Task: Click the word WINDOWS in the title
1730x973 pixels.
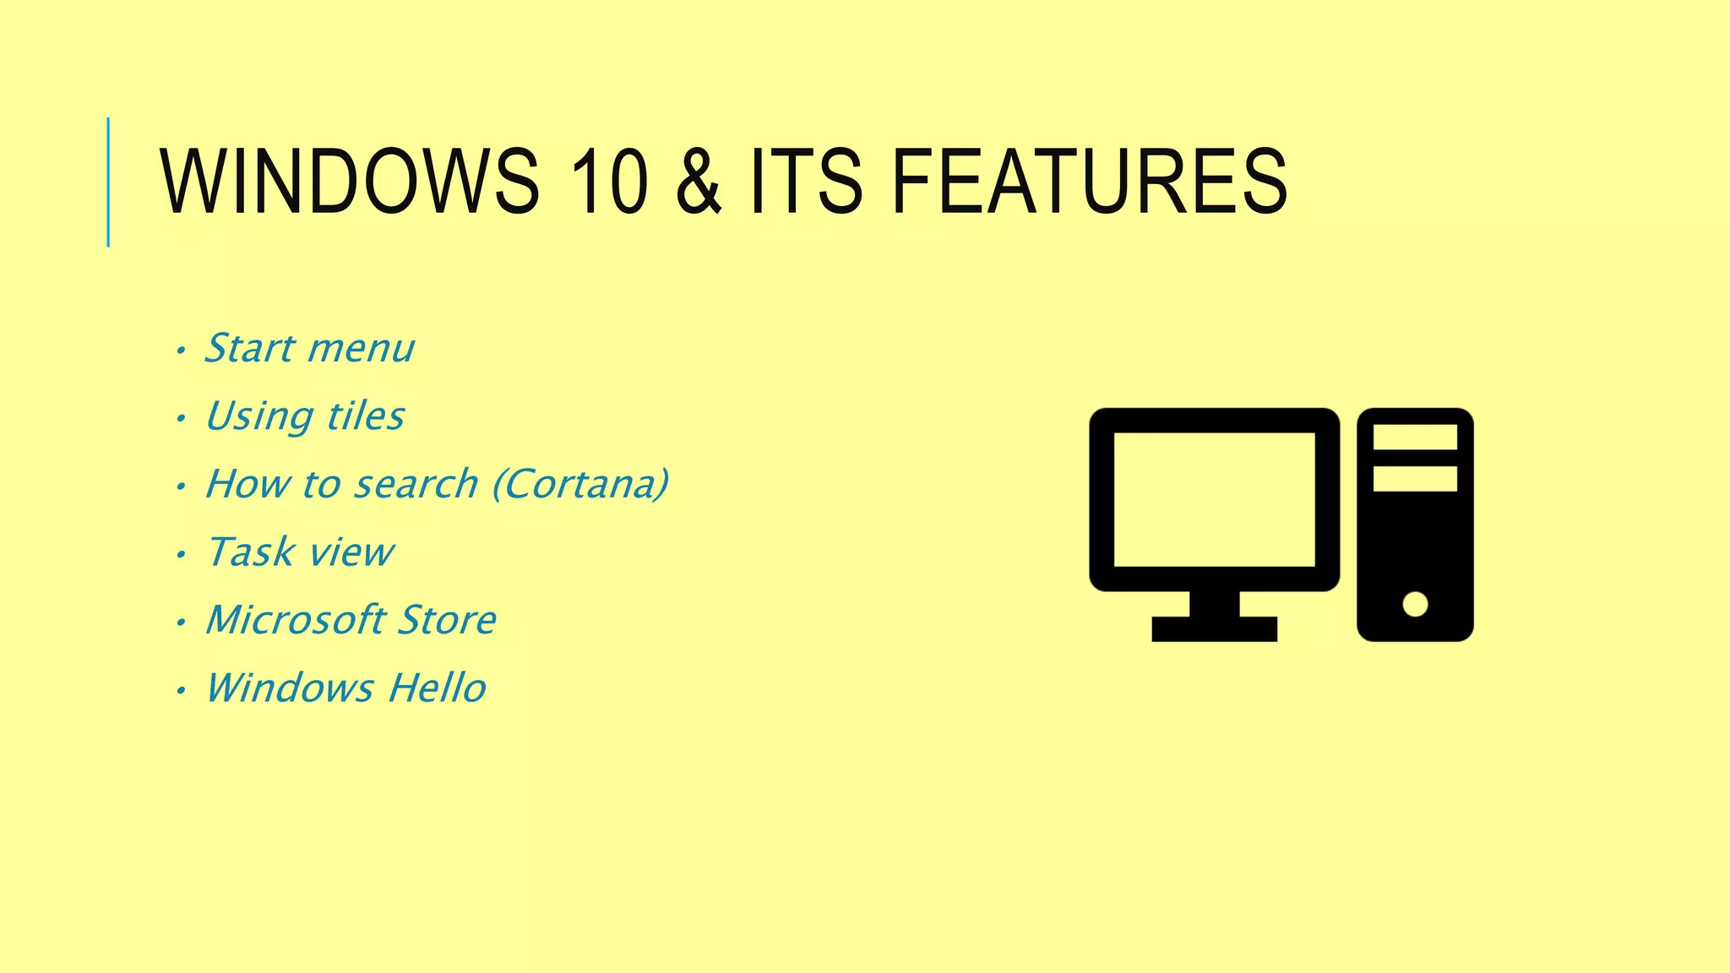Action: click(x=349, y=181)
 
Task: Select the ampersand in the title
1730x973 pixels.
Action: click(x=699, y=181)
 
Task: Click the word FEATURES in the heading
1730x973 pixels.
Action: click(x=1089, y=181)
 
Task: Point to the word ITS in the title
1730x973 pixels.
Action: click(x=806, y=181)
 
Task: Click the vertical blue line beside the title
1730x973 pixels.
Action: click(x=108, y=182)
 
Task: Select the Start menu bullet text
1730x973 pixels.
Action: click(x=309, y=348)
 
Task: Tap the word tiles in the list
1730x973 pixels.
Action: click(x=365, y=416)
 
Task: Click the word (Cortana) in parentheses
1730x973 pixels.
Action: click(x=580, y=484)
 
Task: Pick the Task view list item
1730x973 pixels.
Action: click(x=300, y=552)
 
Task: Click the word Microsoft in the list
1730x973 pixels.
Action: click(x=296, y=620)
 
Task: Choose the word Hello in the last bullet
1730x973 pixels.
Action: click(x=437, y=688)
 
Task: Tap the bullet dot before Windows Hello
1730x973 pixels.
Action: click(x=180, y=691)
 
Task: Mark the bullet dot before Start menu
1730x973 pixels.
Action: click(x=180, y=351)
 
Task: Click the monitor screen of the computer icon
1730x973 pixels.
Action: click(x=1214, y=499)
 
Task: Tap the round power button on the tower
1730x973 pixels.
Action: click(x=1415, y=604)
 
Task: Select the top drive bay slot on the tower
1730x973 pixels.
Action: click(x=1415, y=438)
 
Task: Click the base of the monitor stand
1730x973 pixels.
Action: click(x=1214, y=629)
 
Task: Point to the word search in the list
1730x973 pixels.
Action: click(x=416, y=484)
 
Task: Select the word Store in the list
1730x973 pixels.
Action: click(x=447, y=620)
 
